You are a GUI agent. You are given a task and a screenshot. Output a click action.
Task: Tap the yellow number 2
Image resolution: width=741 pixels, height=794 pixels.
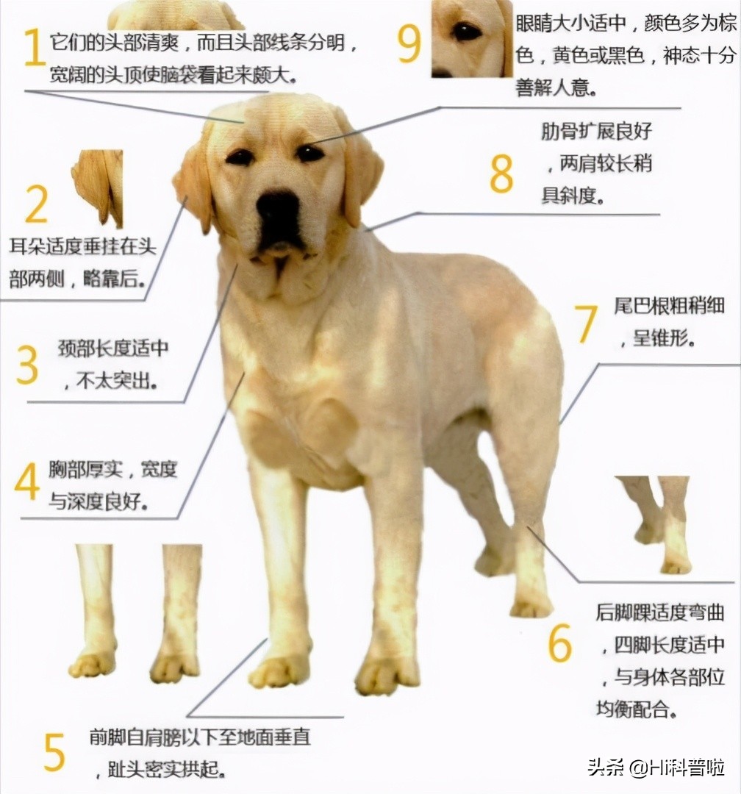(36, 204)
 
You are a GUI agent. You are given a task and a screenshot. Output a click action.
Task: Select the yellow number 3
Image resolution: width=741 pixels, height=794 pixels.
(27, 365)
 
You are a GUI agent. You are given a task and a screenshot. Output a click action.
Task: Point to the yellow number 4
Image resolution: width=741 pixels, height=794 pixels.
(27, 482)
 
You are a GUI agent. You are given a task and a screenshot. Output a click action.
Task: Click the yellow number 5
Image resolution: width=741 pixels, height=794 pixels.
(54, 751)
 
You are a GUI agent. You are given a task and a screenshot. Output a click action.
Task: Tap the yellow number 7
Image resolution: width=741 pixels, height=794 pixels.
(586, 324)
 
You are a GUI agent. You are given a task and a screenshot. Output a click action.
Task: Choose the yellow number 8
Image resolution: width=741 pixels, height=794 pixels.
(501, 174)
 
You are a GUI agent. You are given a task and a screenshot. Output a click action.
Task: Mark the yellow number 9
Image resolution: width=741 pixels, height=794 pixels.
(409, 43)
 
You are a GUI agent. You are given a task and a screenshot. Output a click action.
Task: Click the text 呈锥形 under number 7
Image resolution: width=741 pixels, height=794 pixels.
(665, 340)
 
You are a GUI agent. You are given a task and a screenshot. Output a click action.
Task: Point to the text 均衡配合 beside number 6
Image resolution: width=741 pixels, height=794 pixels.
(636, 709)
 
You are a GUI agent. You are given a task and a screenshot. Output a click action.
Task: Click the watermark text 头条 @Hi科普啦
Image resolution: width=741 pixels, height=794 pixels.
(656, 767)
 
